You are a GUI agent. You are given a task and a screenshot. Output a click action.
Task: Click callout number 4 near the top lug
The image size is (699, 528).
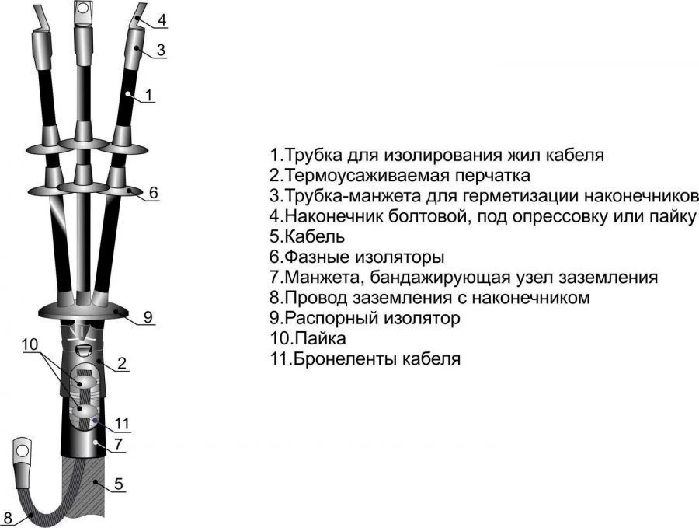(162, 19)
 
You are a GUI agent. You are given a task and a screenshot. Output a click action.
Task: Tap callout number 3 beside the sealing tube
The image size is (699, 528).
(161, 50)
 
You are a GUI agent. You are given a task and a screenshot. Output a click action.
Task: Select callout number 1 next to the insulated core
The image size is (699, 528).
(149, 95)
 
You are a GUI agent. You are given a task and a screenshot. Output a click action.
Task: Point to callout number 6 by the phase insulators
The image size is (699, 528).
(153, 192)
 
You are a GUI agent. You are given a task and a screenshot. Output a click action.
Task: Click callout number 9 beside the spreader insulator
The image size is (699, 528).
(148, 317)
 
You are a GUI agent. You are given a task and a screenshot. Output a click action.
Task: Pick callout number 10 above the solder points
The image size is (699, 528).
(30, 344)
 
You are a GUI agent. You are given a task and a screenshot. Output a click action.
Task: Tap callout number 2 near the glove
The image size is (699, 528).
(122, 363)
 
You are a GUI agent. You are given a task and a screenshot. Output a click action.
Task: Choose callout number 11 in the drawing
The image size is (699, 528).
(122, 423)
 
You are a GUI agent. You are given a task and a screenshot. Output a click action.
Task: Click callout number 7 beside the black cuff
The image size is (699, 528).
(118, 444)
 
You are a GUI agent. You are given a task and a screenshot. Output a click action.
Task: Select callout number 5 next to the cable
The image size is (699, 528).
(119, 484)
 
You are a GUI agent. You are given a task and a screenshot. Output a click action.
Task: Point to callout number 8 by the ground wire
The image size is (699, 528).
(8, 518)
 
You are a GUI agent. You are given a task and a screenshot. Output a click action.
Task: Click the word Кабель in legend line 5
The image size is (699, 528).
(315, 236)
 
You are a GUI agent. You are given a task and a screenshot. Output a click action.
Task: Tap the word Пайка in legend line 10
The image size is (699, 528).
(320, 338)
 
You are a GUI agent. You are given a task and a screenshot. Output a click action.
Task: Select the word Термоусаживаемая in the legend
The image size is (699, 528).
(366, 175)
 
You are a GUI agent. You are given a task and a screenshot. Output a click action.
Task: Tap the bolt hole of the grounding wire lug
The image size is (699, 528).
(22, 447)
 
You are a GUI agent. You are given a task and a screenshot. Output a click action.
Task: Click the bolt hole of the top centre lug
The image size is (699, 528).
(83, 7)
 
